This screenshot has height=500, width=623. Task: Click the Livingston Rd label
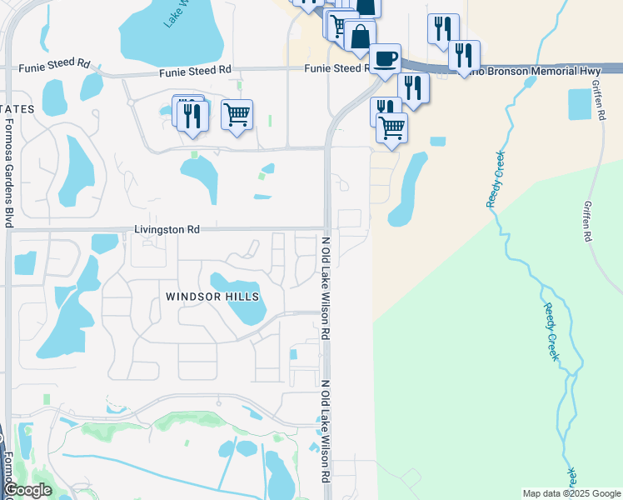tap(167, 229)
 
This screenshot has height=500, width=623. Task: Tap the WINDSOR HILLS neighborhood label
tap(212, 297)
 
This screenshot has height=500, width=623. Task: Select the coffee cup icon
tap(385, 59)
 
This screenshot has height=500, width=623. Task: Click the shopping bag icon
tap(360, 37)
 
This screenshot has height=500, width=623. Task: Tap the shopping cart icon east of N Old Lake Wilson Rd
tap(391, 127)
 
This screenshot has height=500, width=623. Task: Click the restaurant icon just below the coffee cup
tap(413, 87)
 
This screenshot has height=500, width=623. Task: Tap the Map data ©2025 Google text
tap(571, 493)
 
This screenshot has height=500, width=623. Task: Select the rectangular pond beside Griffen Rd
tap(580, 104)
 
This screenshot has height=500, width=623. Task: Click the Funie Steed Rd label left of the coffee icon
tap(335, 68)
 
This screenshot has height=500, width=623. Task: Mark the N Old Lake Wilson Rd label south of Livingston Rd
tap(326, 287)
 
